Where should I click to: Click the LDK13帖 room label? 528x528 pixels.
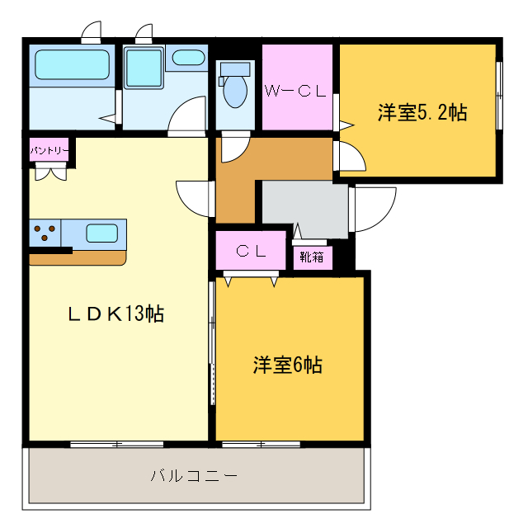[x=115, y=313]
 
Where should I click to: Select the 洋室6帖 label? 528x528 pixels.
[x=287, y=365]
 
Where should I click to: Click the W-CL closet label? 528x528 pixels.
[x=295, y=92]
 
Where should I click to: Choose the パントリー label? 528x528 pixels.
[x=49, y=152]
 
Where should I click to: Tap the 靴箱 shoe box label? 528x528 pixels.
[x=312, y=257]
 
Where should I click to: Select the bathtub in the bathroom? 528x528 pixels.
[x=73, y=64]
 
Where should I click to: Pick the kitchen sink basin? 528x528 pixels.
[x=102, y=233]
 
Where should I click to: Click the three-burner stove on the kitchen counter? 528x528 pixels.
[x=45, y=233]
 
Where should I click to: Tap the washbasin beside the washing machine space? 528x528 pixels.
[x=189, y=59]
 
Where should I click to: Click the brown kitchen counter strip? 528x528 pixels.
[x=78, y=258]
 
